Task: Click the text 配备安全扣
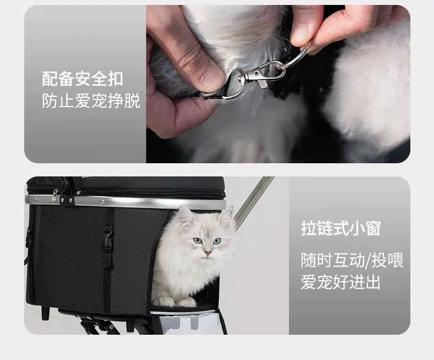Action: point(82,79)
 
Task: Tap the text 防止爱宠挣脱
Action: point(91,101)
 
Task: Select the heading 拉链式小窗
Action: point(341,228)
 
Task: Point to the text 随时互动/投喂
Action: point(352,260)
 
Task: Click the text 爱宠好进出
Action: point(341,282)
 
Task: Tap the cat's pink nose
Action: point(207,253)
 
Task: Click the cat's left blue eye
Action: point(198,241)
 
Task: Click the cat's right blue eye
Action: point(216,241)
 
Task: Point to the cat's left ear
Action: point(186,218)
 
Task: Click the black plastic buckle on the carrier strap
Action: point(107,241)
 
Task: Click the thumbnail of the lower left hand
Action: point(212,76)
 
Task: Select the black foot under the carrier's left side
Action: point(46,313)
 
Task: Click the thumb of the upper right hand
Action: point(304,26)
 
